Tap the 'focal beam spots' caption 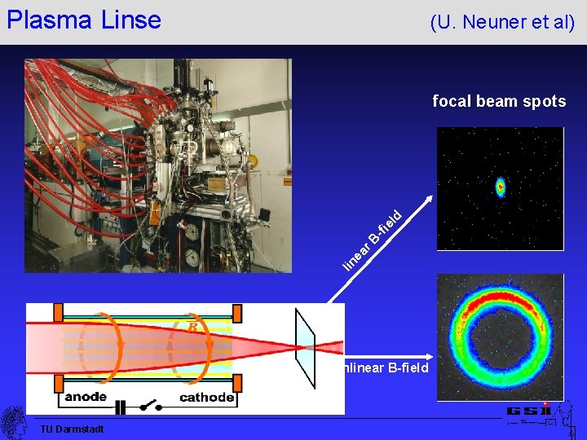click(x=498, y=102)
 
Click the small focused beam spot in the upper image click(x=501, y=188)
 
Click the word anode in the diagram click(x=86, y=397)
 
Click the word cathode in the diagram click(x=207, y=398)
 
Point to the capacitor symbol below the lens click(x=121, y=405)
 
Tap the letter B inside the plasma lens click(x=192, y=327)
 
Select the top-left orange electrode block click(x=58, y=313)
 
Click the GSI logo click(x=529, y=411)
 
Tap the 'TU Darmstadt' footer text click(x=72, y=429)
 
